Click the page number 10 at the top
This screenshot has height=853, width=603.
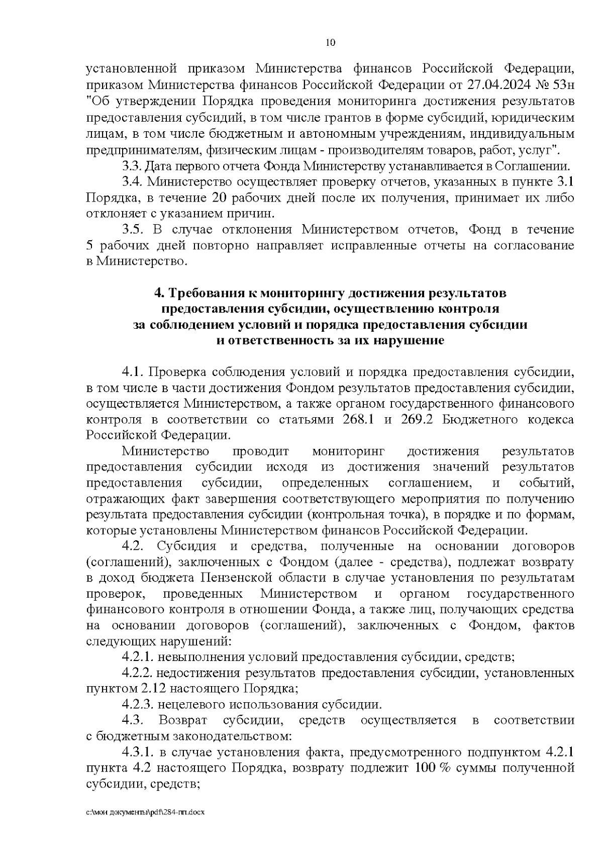tap(331, 43)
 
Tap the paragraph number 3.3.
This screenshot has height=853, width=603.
tap(133, 166)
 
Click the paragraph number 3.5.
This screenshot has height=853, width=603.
tap(133, 230)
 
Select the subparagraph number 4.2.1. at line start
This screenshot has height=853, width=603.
tap(138, 657)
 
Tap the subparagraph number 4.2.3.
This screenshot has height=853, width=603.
tap(138, 704)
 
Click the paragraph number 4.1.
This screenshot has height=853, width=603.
tap(133, 372)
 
